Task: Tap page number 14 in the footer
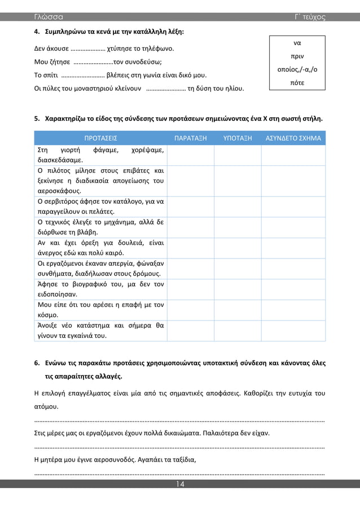coord(179,485)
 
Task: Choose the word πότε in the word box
coord(297,83)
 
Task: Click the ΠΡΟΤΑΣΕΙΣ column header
coord(100,138)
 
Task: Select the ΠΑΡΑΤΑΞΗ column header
coord(190,138)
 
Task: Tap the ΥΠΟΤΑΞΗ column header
coord(238,138)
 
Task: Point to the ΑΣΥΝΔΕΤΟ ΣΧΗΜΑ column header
coord(293,138)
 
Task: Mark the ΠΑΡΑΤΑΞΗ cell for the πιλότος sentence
coord(190,181)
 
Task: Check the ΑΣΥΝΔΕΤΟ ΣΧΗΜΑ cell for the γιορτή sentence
coord(293,155)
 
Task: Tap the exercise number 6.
coord(37,363)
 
